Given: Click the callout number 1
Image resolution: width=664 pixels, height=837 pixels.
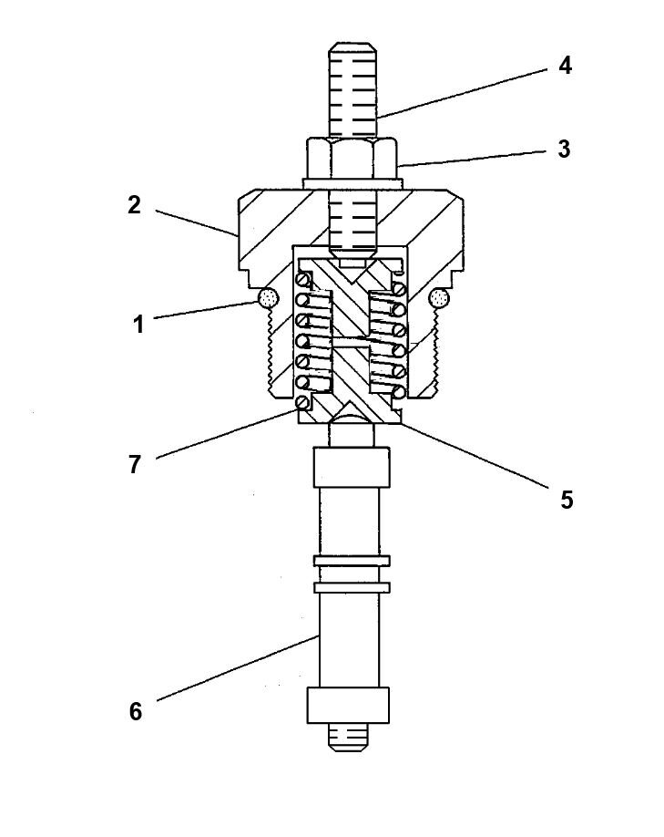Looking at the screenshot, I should tap(138, 323).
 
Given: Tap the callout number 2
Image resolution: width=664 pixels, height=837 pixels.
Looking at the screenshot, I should tap(134, 205).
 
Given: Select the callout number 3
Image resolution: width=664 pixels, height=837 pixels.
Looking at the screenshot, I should tap(564, 149).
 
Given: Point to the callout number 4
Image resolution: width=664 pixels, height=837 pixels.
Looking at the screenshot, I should tap(565, 66).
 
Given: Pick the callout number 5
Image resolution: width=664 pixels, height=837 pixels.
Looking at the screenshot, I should tap(566, 500).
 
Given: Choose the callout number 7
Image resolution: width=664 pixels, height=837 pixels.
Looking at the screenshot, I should tap(134, 464).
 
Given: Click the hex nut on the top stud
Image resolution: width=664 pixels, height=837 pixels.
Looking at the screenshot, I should tap(351, 158).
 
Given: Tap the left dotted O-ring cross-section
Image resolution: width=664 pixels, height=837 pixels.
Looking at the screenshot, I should tap(267, 297).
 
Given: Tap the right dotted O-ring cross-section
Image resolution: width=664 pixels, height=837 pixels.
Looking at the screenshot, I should tap(438, 297).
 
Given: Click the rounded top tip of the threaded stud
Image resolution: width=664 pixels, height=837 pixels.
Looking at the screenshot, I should tap(351, 46).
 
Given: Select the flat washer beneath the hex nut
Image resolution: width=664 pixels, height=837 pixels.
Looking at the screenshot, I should tap(351, 183).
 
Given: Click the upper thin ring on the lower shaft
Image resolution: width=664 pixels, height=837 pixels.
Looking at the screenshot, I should tap(351, 559).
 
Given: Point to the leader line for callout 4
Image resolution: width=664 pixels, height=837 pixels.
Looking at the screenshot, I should tap(465, 91).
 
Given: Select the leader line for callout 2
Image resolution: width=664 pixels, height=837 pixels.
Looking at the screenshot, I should tap(196, 223).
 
